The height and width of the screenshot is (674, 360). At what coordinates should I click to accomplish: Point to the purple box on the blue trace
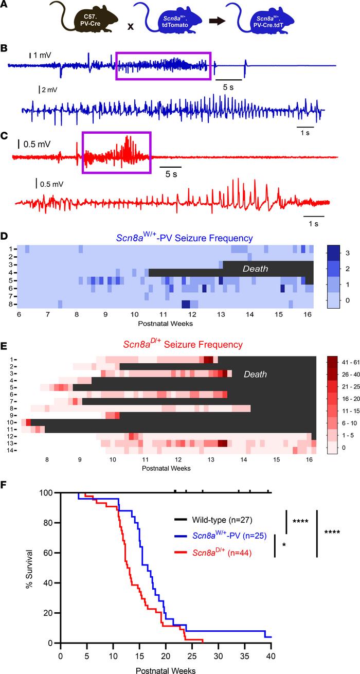(164, 66)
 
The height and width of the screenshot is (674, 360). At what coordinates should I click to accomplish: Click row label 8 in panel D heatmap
(14, 304)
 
